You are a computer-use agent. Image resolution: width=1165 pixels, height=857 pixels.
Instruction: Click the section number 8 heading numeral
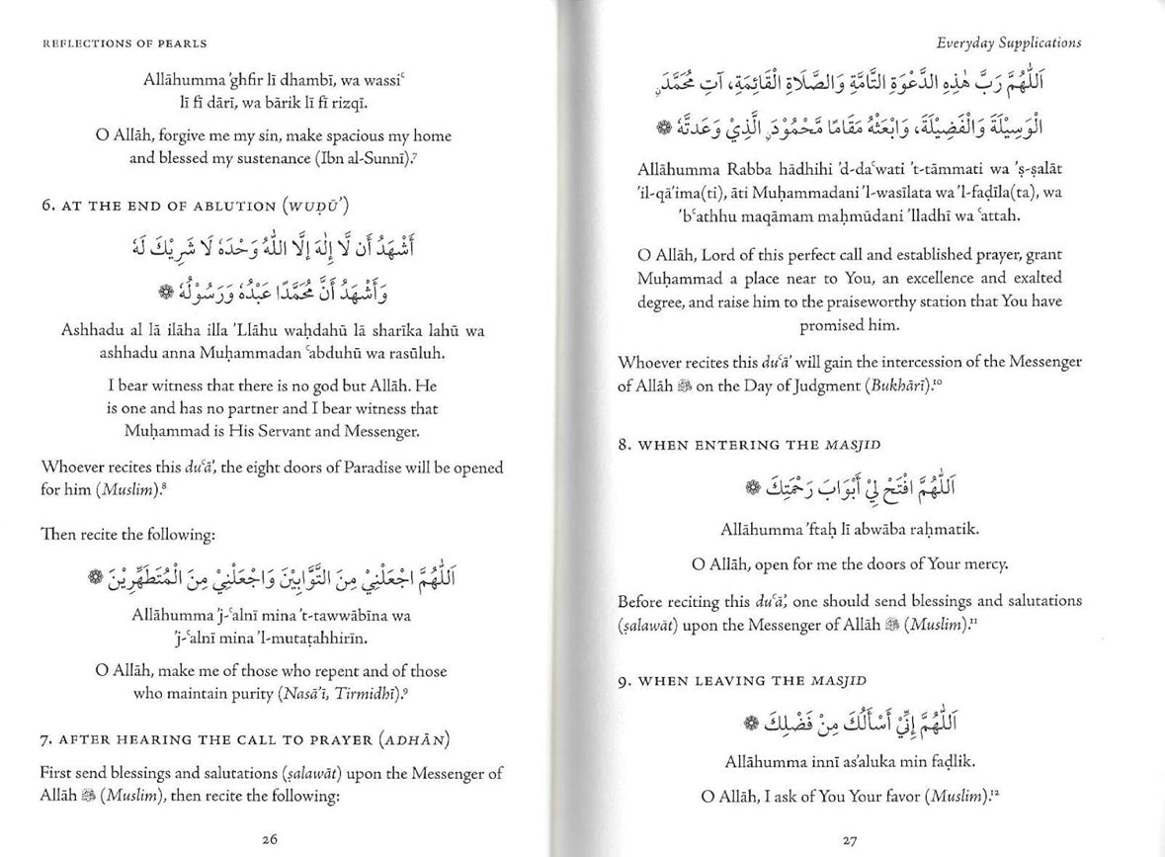point(622,445)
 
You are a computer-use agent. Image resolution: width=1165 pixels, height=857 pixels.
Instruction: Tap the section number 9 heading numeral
point(622,681)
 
